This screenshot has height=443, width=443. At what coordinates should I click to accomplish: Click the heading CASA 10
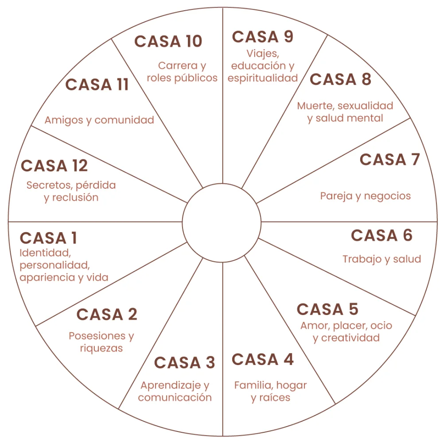point(168,41)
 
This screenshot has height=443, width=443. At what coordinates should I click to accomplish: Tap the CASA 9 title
point(262,37)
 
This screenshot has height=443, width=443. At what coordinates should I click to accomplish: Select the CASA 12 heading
point(54,166)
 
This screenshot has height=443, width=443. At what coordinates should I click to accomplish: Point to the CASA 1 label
point(48,238)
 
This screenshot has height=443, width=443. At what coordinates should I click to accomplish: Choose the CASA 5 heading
point(327,309)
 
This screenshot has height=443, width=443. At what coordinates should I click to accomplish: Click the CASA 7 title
point(389,159)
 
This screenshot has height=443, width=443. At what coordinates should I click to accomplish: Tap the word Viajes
point(263,54)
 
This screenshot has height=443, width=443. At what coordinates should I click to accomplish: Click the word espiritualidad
point(263,78)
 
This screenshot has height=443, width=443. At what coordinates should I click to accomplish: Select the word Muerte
point(316,106)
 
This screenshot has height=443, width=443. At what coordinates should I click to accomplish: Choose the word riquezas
point(101,348)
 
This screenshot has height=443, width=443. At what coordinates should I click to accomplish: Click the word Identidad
point(45,253)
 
